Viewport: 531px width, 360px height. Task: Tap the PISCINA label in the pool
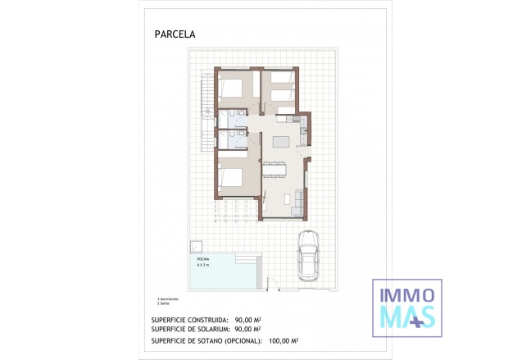pyautogui.click(x=202, y=259)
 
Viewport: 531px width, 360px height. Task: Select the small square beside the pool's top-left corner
pyautogui.click(x=197, y=246)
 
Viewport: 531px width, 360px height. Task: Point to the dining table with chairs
pyautogui.click(x=274, y=169)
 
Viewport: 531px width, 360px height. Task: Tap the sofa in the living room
pyautogui.click(x=299, y=199)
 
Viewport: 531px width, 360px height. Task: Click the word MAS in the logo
pyautogui.click(x=406, y=315)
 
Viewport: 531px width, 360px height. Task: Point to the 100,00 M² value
pyautogui.click(x=281, y=339)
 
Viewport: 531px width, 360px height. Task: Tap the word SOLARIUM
pyautogui.click(x=207, y=330)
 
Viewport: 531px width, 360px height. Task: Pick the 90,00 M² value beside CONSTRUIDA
pyautogui.click(x=247, y=320)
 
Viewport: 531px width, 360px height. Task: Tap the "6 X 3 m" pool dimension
pyautogui.click(x=203, y=265)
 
